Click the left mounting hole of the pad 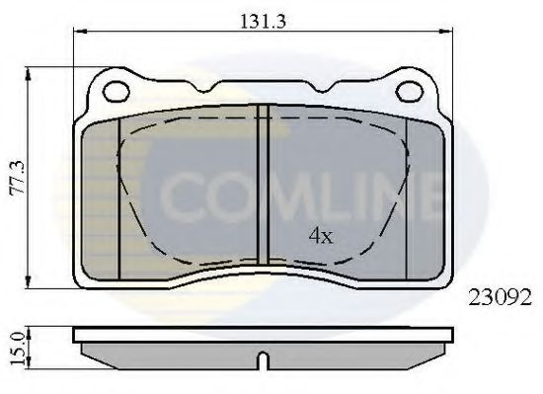point(116,92)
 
